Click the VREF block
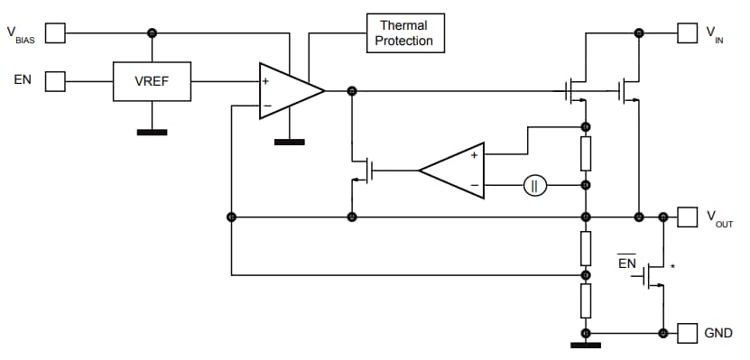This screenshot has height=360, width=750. tap(152, 81)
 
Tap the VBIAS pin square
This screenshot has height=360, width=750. tap(56, 33)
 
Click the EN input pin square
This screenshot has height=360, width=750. tap(56, 81)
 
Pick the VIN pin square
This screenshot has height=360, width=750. tap(689, 33)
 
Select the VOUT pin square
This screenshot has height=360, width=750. tap(689, 217)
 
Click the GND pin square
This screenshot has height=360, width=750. tap(689, 333)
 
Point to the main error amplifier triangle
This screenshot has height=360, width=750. tap(287, 91)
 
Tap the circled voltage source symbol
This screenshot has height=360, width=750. tap(534, 186)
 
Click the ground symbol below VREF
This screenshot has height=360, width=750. tap(152, 132)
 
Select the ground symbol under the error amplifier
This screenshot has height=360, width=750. tap(290, 142)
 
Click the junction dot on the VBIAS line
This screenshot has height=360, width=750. tap(152, 33)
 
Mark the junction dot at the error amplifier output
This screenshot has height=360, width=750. tap(352, 91)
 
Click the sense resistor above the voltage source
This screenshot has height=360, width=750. tap(586, 154)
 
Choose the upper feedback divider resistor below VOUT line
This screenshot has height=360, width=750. tap(586, 245)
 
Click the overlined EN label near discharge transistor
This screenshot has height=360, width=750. tap(627, 263)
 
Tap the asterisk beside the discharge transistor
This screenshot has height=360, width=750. tap(672, 266)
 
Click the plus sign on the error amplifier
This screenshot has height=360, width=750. tap(266, 82)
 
